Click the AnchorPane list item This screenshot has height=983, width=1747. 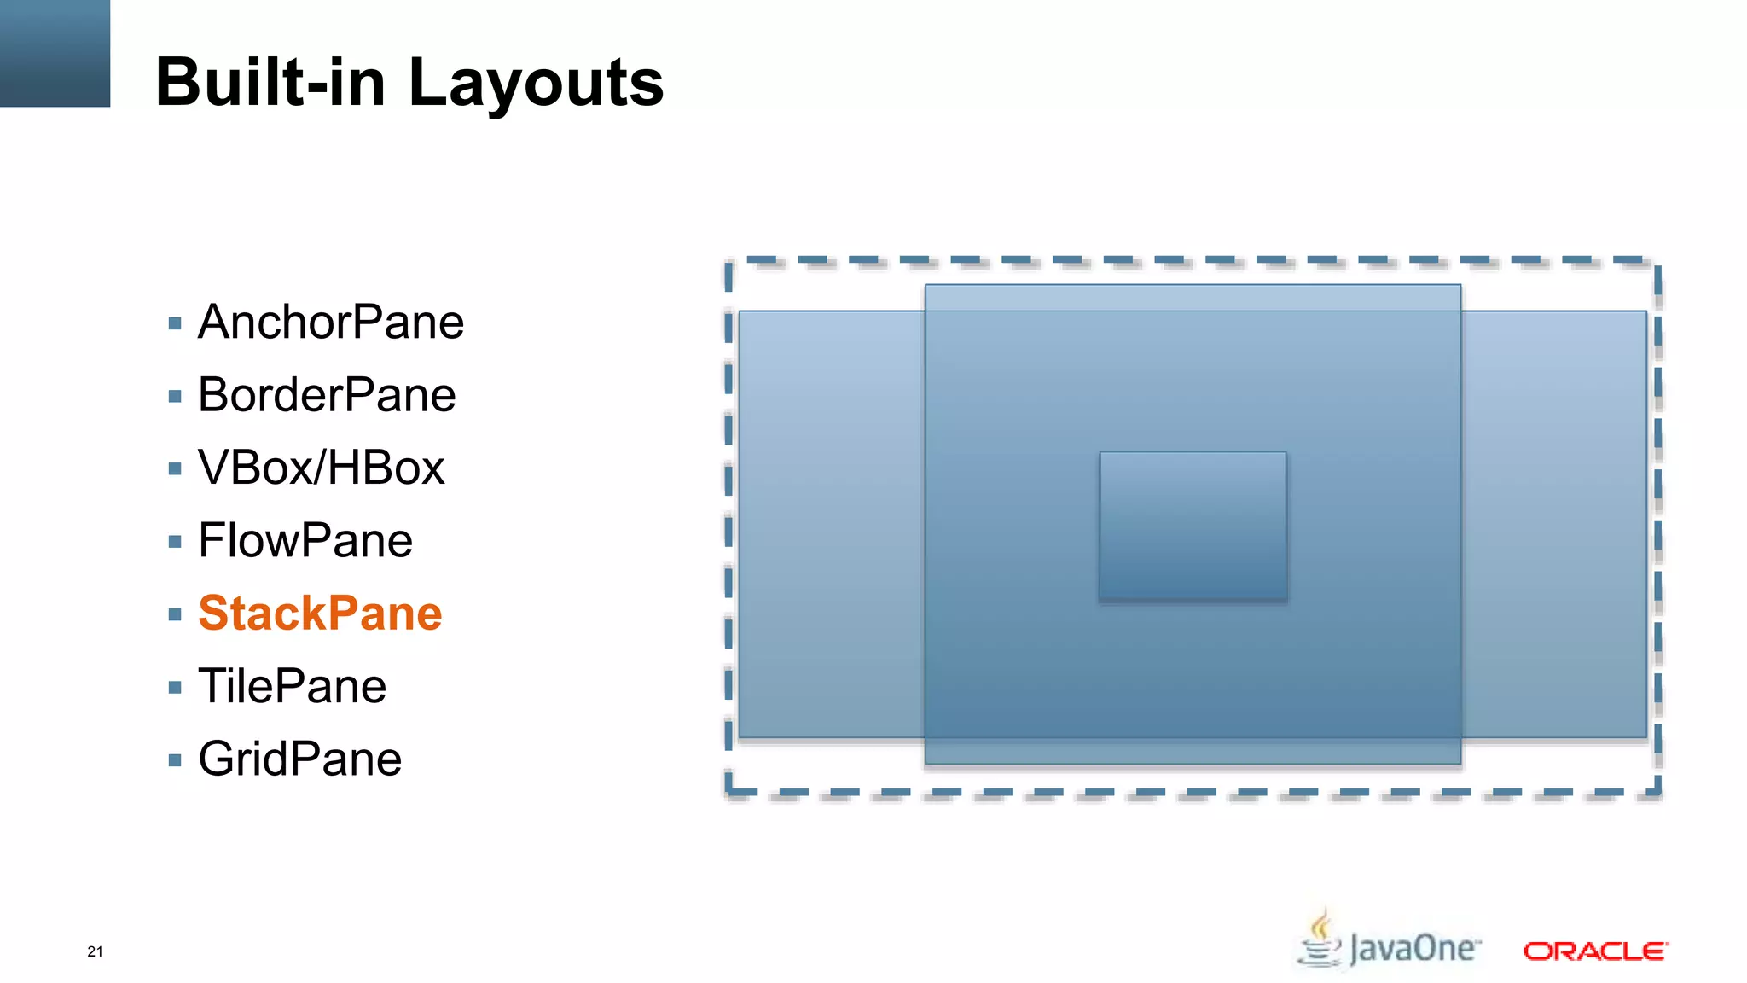click(x=331, y=323)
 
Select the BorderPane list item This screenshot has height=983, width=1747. click(x=327, y=395)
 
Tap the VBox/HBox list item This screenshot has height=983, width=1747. click(x=322, y=468)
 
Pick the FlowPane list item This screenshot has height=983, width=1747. click(x=305, y=541)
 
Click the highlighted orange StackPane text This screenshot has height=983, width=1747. click(x=320, y=614)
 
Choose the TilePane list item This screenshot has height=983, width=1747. click(x=292, y=686)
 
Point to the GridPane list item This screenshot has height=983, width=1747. click(x=299, y=759)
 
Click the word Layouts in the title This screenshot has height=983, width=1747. click(x=536, y=83)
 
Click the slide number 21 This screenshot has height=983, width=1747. click(x=95, y=951)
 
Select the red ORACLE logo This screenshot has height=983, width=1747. click(x=1595, y=951)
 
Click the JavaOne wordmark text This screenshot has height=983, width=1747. click(x=1413, y=949)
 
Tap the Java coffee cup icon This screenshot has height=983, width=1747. click(x=1320, y=940)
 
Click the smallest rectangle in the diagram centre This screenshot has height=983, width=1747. click(x=1193, y=526)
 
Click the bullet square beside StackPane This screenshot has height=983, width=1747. click(x=175, y=614)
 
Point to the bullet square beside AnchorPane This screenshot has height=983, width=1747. click(x=175, y=323)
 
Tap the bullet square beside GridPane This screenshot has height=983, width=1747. click(x=175, y=760)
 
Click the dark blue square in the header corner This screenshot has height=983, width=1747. click(x=55, y=53)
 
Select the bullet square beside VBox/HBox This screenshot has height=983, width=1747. click(x=175, y=468)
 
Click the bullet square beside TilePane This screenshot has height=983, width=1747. click(x=175, y=687)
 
